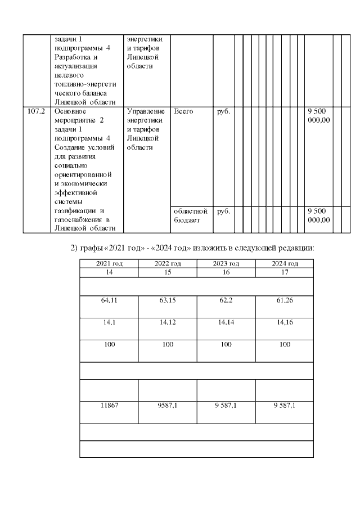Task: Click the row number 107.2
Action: (36, 111)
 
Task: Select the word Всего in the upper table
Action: (183, 111)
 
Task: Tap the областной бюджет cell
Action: (191, 215)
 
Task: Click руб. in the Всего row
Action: (223, 111)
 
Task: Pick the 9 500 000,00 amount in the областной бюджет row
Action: (319, 215)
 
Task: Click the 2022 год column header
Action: (167, 263)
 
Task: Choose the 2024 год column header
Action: (284, 263)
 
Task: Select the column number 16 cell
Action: (226, 271)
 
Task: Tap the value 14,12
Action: (167, 323)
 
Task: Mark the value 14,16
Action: (284, 323)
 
